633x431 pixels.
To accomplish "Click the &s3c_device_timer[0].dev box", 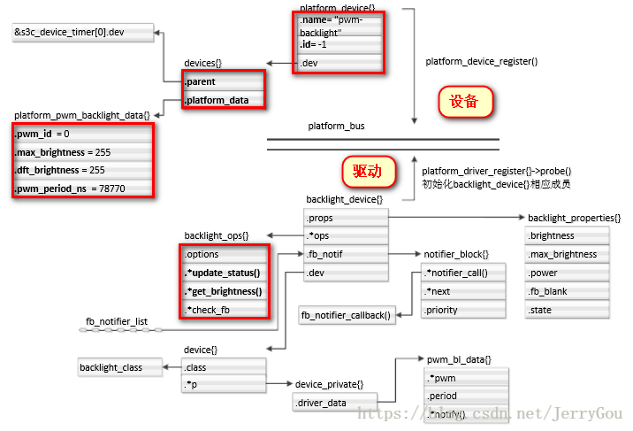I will coord(81,34).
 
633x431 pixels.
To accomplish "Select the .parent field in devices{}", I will coord(223,82).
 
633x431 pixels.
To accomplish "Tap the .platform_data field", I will coord(223,101).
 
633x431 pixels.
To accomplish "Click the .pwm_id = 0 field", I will coord(83,134).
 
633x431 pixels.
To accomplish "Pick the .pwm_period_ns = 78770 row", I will coord(83,189).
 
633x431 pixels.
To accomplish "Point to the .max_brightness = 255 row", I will coord(83,152).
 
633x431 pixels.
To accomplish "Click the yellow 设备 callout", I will coord(464,102).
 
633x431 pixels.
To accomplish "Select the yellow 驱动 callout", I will coord(367,171).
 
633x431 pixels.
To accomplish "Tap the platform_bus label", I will coord(336,127).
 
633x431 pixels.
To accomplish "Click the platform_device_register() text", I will coord(481,62).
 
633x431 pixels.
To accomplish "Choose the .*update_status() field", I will coord(225,273).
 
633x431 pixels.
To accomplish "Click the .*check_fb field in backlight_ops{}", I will coord(225,310).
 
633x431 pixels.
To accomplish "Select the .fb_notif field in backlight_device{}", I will coord(345,254).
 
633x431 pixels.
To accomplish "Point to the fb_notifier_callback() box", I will coord(347,315).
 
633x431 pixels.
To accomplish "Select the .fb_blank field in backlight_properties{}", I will coord(567,292).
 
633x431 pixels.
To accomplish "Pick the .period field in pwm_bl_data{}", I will coord(466,396).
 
